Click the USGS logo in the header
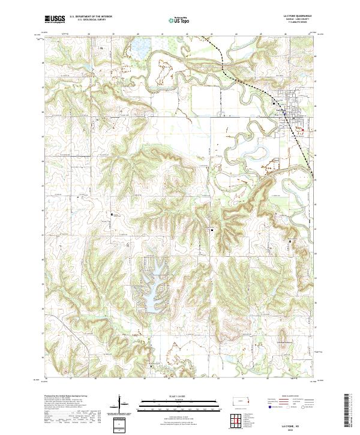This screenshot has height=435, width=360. coord(55,20)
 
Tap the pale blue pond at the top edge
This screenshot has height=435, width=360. coord(142,45)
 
